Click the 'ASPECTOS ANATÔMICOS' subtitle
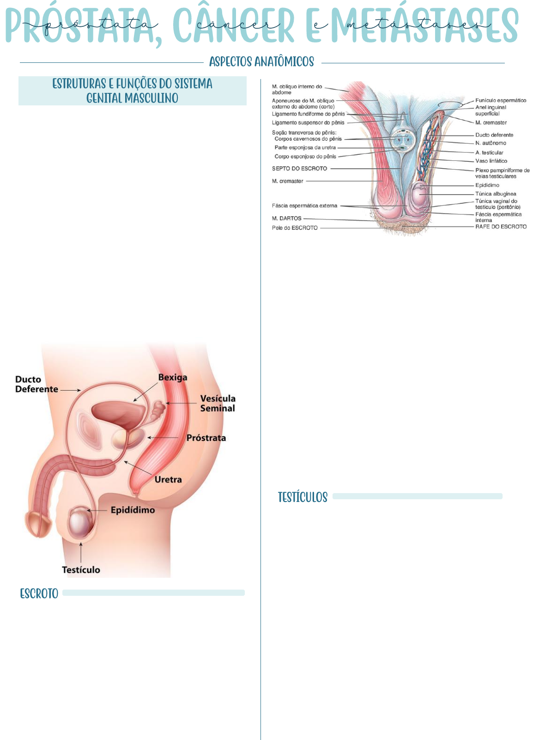coord(261,62)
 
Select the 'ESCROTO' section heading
coord(39,593)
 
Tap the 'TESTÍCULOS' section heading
coord(303,497)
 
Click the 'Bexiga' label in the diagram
coord(173,377)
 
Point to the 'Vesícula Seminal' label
coord(218,403)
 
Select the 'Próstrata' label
coord(206,438)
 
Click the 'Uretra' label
coord(168,479)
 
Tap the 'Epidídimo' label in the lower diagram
coord(133,510)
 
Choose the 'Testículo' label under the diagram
coord(81,569)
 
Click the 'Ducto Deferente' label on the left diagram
coord(36,384)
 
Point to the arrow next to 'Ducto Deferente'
coord(71,390)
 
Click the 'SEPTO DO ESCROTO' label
coord(299,169)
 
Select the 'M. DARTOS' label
coord(286,218)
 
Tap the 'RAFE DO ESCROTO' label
coord(501,226)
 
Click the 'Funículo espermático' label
coord(501,100)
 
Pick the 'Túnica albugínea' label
coord(496,194)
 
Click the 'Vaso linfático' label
coord(491,161)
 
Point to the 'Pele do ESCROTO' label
coord(295,228)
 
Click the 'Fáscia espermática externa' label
coord(304,206)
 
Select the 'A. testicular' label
coord(489,153)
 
